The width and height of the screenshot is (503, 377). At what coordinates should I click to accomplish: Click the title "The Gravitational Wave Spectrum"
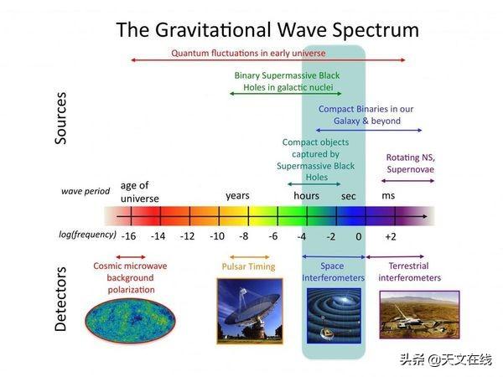click(267, 30)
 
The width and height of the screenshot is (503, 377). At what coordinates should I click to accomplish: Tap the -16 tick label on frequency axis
click(127, 236)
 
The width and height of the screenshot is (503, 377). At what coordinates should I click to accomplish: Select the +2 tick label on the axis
click(390, 236)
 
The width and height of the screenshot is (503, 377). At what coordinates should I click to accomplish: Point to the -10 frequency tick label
click(215, 236)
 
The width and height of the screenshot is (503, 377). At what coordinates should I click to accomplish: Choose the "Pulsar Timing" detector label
click(248, 266)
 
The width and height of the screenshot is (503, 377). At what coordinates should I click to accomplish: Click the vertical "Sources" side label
click(60, 118)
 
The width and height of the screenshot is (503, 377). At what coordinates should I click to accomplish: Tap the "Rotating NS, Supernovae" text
click(411, 163)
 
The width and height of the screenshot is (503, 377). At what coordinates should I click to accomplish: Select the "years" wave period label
click(237, 195)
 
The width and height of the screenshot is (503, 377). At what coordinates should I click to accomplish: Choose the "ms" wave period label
click(389, 195)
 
